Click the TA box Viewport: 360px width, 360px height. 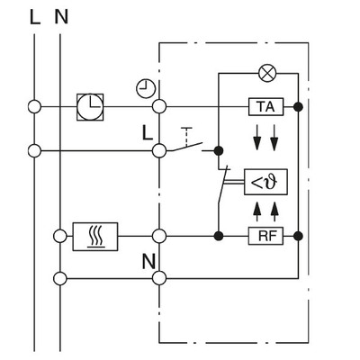tap(265, 107)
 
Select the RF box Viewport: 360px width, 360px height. tap(265, 237)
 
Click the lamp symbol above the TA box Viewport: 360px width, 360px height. tap(266, 71)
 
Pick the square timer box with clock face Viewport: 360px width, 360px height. tap(90, 107)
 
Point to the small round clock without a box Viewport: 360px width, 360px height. tap(145, 86)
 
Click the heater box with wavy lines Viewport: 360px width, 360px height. tap(95, 237)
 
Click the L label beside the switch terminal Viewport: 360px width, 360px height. tap(146, 133)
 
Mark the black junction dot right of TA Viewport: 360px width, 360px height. tap(298, 107)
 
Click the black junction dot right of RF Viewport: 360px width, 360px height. tap(298, 237)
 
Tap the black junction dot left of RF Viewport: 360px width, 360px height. tap(219, 237)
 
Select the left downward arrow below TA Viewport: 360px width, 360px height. tap(256, 134)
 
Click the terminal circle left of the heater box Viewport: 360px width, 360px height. tap(60, 237)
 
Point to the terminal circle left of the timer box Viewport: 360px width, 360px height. tap(35, 107)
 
